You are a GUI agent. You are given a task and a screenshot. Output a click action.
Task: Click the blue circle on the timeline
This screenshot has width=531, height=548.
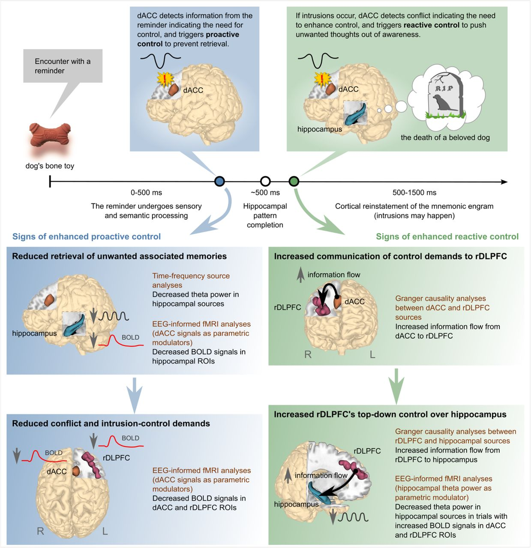coord(219,182)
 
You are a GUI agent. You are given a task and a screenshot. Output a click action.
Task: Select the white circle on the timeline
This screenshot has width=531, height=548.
coord(265,182)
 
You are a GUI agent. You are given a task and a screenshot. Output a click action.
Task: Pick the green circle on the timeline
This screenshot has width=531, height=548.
coord(294,182)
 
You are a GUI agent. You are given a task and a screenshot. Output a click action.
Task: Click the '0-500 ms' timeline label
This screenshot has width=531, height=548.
coord(146,193)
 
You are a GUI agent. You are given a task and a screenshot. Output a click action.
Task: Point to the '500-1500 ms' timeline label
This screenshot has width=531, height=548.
coord(414,193)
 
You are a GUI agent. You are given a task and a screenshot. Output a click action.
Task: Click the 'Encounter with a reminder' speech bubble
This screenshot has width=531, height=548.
coord(63,66)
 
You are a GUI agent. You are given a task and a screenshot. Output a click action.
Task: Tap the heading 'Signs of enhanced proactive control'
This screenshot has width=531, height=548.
coord(87,237)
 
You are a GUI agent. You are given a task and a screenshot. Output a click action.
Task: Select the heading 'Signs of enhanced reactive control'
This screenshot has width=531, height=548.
coord(447,237)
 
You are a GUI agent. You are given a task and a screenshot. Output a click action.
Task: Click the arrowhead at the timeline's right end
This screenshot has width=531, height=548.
coord(504,182)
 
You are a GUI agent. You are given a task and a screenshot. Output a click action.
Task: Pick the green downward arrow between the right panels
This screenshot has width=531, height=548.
coord(396,385)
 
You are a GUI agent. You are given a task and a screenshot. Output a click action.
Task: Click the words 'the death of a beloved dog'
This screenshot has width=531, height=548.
coord(445,137)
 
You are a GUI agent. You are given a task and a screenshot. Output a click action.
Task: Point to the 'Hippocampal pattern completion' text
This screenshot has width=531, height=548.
coord(265,215)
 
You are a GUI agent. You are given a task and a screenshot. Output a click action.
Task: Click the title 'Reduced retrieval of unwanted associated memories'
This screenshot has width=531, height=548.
coord(119,256)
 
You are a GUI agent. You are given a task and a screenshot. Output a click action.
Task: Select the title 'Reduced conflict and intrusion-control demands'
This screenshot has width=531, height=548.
coord(111,423)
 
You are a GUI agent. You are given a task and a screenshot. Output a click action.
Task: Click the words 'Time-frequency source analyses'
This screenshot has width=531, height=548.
coord(191,280)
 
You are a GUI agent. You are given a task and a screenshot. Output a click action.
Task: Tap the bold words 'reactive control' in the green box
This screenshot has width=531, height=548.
coord(431,25)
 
